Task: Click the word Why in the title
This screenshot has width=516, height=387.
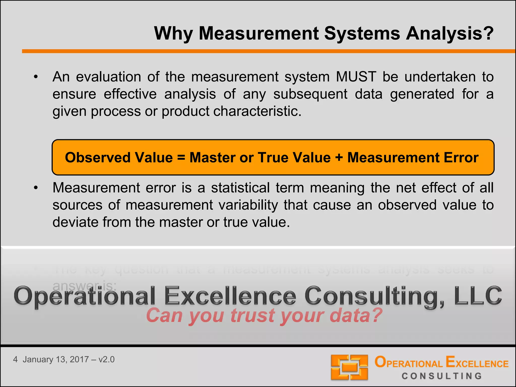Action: pyautogui.click(x=173, y=34)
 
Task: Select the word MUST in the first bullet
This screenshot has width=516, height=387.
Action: pyautogui.click(x=356, y=77)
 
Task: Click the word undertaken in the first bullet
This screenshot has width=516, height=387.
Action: pyautogui.click(x=440, y=77)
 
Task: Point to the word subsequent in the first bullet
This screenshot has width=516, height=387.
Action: pyautogui.click(x=310, y=94)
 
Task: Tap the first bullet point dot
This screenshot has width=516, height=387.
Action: pyautogui.click(x=36, y=77)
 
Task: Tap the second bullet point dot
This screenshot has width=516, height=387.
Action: pyautogui.click(x=36, y=188)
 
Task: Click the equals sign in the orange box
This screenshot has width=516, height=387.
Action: pyautogui.click(x=181, y=158)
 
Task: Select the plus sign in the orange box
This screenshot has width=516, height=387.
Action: pyautogui.click(x=339, y=158)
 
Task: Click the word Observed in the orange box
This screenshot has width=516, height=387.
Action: pyautogui.click(x=97, y=157)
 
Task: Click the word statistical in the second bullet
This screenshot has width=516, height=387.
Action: pyautogui.click(x=240, y=188)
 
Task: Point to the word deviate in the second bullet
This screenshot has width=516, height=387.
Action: pyautogui.click(x=74, y=222)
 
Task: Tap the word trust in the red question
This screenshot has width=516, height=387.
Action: pyautogui.click(x=252, y=315)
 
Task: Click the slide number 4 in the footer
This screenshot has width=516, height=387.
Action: pyautogui.click(x=15, y=359)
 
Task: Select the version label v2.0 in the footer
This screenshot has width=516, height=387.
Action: pyautogui.click(x=106, y=359)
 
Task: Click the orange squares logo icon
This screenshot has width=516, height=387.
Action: pyautogui.click(x=349, y=367)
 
